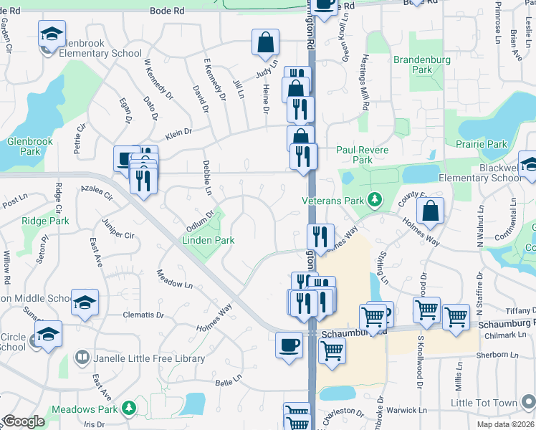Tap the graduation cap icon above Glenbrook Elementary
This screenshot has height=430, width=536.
click(52, 34)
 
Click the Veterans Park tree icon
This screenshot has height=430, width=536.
click(373, 199)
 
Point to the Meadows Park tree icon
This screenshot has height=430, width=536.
click(129, 408)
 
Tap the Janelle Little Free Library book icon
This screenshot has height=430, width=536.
click(82, 358)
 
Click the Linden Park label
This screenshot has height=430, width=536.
click(208, 240)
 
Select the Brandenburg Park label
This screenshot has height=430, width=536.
click(422, 65)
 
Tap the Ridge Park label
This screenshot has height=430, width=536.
click(45, 221)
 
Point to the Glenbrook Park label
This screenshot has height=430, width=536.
click(30, 146)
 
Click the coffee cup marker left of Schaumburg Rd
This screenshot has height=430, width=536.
click(289, 345)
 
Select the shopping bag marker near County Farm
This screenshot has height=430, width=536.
click(430, 211)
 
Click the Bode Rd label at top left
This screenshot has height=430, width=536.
click(167, 11)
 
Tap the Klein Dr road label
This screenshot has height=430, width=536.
click(178, 132)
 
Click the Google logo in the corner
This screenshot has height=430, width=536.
click(24, 421)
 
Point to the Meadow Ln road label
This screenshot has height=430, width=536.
click(175, 279)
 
